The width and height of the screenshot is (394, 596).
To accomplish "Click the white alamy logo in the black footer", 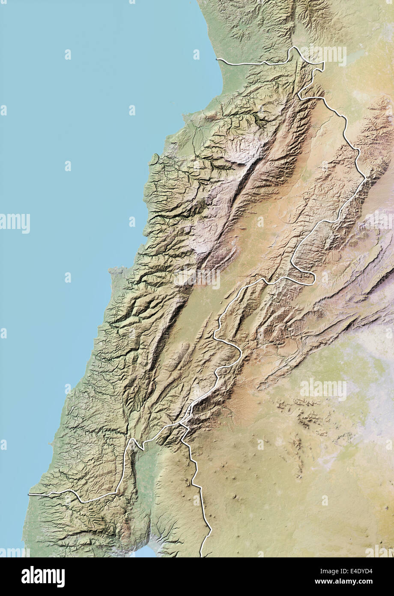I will tap(43, 576).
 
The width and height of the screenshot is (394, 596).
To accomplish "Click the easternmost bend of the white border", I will tap(366, 178).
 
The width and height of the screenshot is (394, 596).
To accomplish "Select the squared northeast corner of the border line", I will tap(323, 63).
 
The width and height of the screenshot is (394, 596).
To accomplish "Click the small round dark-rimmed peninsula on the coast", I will tap(154, 159).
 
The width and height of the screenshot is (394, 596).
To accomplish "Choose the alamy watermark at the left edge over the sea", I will tap(15, 223).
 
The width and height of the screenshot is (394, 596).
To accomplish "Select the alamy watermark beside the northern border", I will tap(323, 54).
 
